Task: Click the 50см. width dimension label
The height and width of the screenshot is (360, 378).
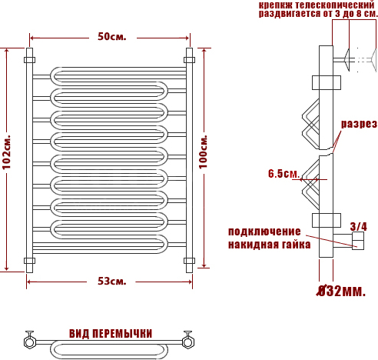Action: coord(112,37)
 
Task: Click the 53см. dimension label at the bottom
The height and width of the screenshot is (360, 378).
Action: coord(112,282)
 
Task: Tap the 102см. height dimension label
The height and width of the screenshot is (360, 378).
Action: coord(7,152)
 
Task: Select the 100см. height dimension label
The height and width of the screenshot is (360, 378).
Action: coord(204,152)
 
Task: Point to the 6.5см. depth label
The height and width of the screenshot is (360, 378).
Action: coord(283,174)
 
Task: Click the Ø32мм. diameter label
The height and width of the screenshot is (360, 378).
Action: coord(341,292)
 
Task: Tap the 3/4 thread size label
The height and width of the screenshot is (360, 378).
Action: coord(359,226)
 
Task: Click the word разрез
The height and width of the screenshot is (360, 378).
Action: coord(359,124)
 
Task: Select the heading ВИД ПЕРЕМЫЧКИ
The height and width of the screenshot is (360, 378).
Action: coord(111,334)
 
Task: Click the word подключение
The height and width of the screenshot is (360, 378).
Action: coord(264,232)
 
